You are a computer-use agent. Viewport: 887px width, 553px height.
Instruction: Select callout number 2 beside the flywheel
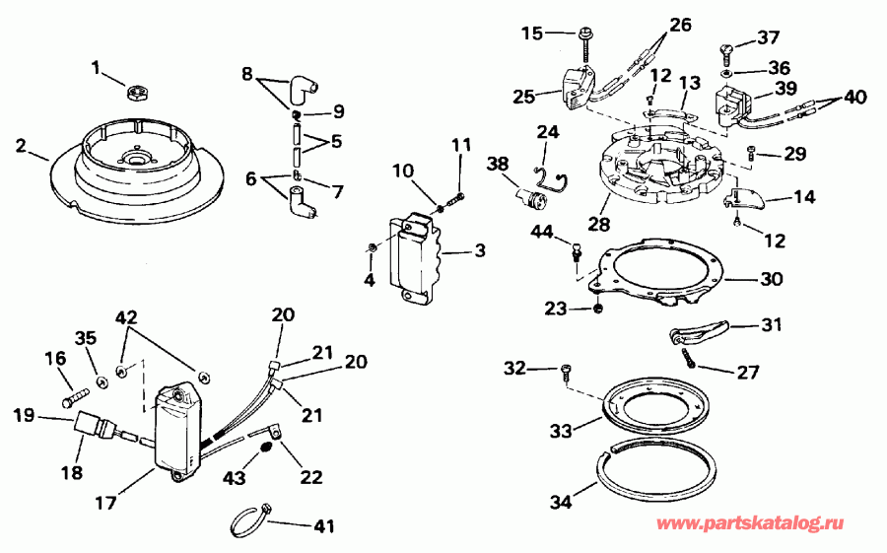click(21, 146)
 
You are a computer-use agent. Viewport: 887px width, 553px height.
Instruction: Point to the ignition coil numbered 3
click(415, 261)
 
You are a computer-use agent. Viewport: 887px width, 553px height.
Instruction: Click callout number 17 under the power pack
click(105, 502)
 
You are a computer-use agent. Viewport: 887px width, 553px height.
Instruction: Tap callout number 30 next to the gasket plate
click(772, 279)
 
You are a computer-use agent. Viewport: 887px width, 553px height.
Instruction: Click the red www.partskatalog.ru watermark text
click(765, 522)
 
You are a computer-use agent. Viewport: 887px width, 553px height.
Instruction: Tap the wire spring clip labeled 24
click(550, 173)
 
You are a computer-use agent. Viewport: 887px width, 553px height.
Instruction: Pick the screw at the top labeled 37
click(728, 45)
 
